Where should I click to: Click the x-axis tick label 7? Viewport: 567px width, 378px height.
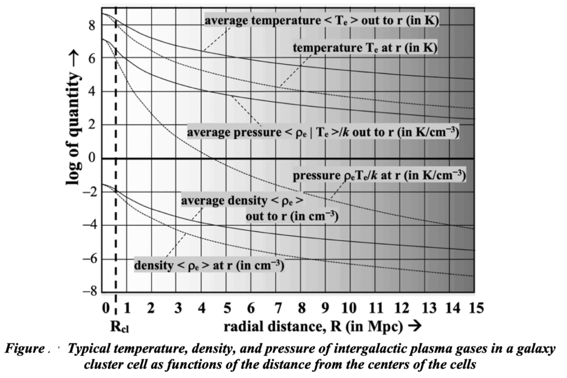coord(275,308)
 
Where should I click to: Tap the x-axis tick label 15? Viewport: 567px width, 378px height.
coord(473,308)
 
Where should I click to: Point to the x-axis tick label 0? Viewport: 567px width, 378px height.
coord(105,308)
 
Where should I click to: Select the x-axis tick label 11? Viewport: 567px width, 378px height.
coord(374,308)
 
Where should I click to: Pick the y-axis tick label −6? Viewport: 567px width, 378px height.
coord(89,258)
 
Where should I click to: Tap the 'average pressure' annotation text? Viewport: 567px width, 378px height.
coord(322,133)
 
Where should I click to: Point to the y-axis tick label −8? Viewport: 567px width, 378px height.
coord(89,292)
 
